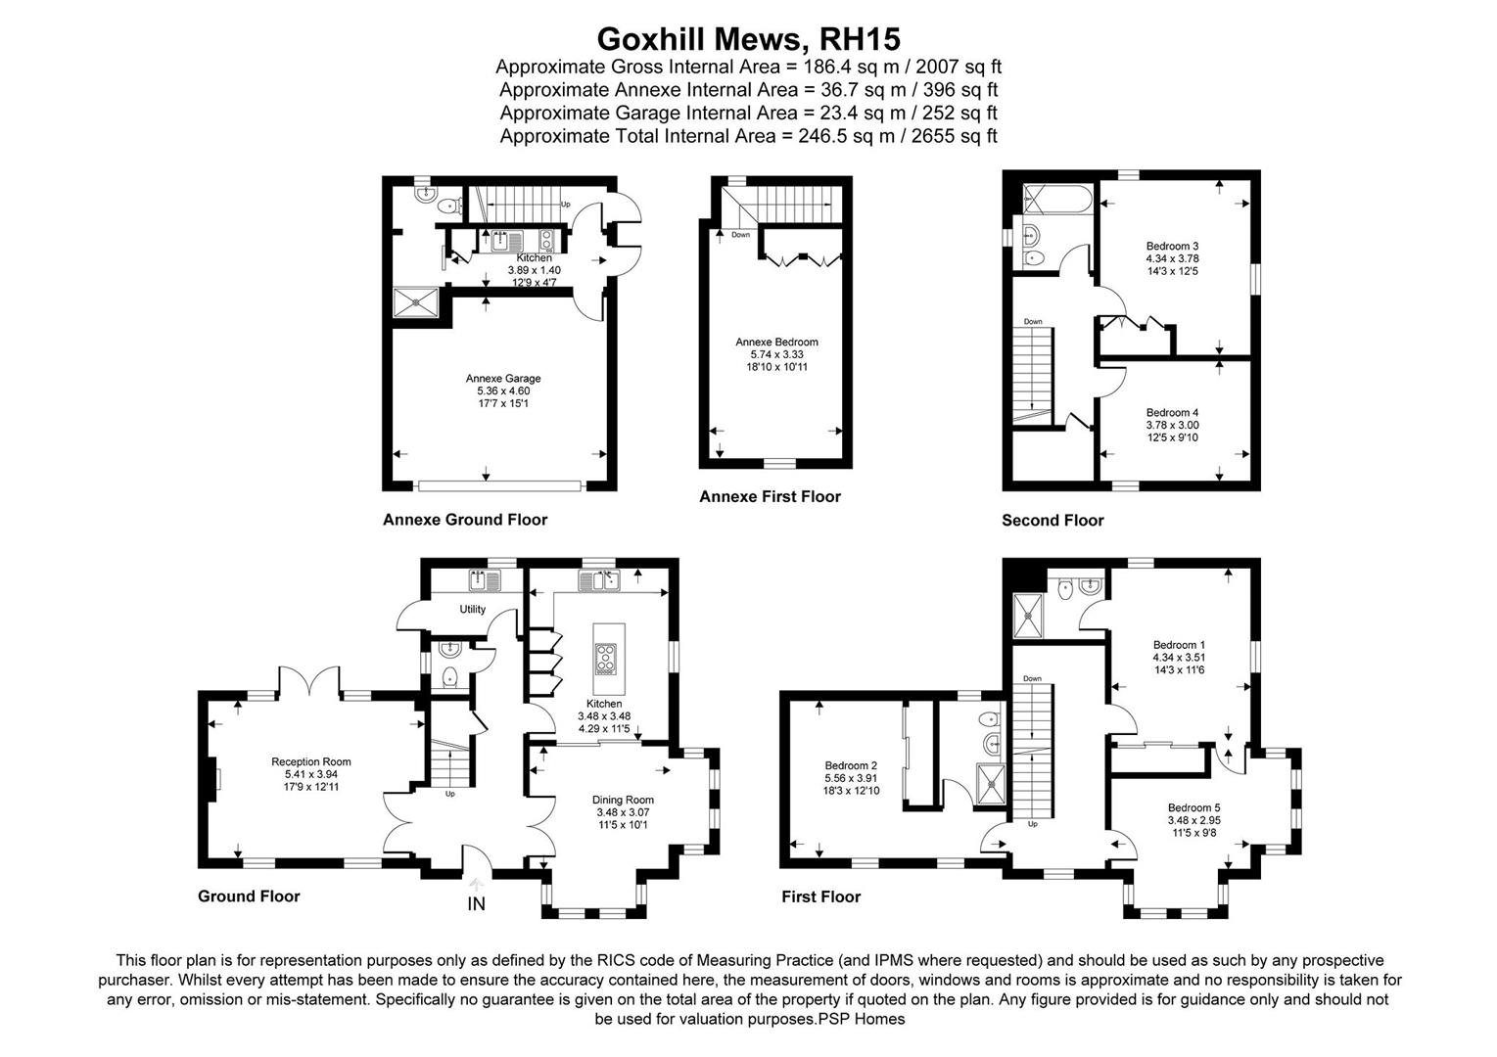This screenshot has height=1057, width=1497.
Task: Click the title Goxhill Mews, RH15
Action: pos(748,38)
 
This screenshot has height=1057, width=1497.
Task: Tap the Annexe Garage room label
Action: pos(503,379)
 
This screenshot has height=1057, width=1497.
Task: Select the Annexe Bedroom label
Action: pos(776,343)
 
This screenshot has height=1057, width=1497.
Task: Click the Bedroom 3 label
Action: pos(1172,247)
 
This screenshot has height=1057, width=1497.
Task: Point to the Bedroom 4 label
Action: pos(1172,413)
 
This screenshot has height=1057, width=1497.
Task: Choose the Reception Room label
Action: pos(310,761)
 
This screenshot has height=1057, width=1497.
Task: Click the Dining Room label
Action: pos(624,800)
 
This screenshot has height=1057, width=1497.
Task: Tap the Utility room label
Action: pos(473,610)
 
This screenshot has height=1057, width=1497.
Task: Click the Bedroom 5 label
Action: pos(1193,807)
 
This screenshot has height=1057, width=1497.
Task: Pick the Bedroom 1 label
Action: pos(1179,645)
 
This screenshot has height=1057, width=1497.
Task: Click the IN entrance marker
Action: pos(476,904)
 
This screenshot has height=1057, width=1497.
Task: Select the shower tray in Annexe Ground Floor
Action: pos(418,303)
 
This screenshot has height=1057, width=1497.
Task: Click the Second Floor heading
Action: pos(1053,521)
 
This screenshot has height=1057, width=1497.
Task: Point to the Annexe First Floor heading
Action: pos(770,497)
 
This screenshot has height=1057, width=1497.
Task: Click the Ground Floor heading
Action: pos(249,896)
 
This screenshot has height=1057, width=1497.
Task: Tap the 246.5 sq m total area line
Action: pos(748,136)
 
